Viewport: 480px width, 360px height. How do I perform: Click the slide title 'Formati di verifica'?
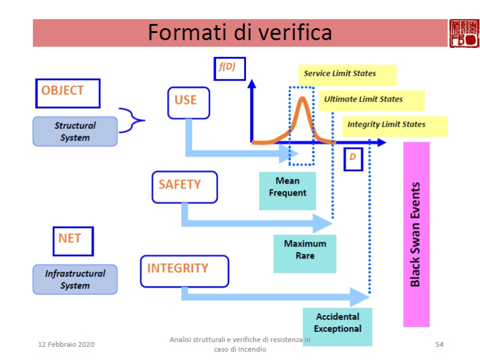point(240,32)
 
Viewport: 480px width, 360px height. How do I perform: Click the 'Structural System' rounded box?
point(75,131)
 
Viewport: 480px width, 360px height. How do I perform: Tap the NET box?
point(72,240)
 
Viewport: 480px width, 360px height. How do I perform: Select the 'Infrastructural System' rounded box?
point(75,279)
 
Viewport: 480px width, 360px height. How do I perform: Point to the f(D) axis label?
point(225,68)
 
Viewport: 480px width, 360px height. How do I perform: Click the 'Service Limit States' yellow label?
point(347,74)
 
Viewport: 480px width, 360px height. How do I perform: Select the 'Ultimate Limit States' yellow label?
point(371,100)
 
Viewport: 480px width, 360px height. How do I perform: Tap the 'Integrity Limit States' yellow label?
point(395,125)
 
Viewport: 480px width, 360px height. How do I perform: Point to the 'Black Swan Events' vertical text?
point(416,234)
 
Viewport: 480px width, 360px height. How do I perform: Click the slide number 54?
point(439,344)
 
